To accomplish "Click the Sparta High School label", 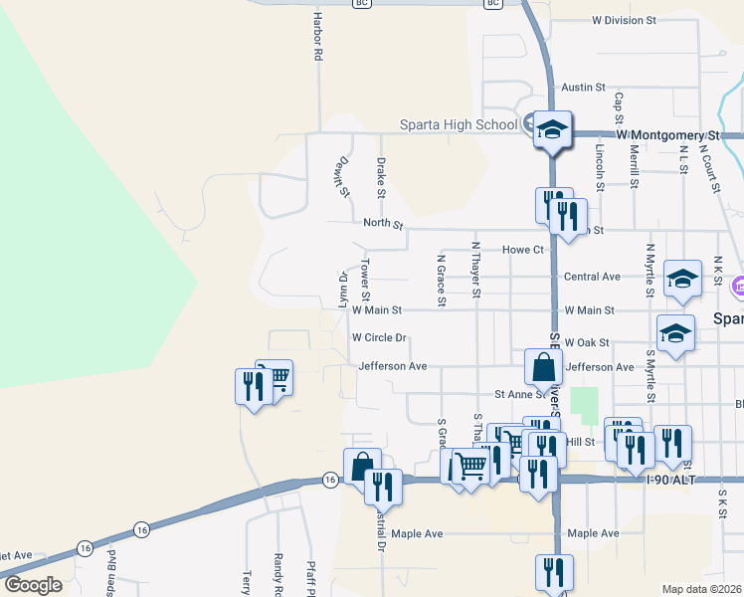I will pos(459,124).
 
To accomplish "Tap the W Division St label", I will pos(624,19).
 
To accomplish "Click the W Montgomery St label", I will pos(666,133).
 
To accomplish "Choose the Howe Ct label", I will pos(523,250).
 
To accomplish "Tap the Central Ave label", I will pos(592,277).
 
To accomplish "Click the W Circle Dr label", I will pos(379,337).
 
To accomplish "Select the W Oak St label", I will pos(586,342).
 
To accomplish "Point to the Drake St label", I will pos(380,176).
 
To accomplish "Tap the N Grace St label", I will pos(440,280).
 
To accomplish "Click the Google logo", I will pos(33,584).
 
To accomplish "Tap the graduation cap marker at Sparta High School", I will pos(552,129).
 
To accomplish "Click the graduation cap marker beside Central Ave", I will pos(682,280).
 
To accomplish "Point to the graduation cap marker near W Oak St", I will pos(675,333).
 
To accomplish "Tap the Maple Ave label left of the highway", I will pos(417,534).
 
